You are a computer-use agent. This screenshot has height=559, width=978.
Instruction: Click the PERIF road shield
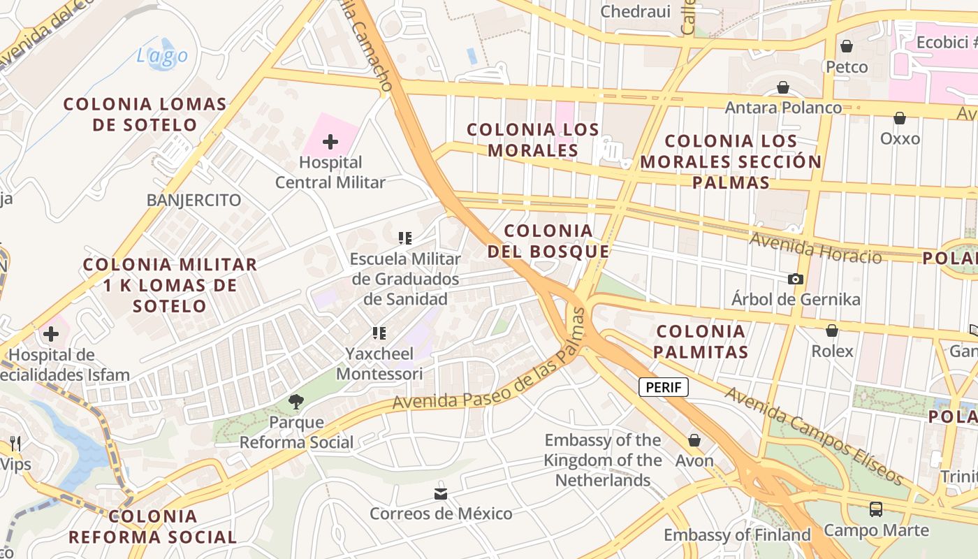(664, 387)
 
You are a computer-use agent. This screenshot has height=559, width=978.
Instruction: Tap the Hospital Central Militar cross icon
(330, 143)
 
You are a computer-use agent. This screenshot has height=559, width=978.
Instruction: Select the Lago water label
(162, 56)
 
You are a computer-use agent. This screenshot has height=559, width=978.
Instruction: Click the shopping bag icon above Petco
(847, 46)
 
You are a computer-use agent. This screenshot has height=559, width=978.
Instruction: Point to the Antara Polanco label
(783, 108)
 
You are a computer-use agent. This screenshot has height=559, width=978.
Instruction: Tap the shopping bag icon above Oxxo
(900, 118)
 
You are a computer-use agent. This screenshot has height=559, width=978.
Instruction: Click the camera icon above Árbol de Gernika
(795, 279)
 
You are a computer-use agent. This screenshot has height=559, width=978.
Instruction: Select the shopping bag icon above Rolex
(832, 331)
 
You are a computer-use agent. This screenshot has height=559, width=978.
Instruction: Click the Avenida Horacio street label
(815, 249)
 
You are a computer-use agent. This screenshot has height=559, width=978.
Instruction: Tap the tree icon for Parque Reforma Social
(296, 401)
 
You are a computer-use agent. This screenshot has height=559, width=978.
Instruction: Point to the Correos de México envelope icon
(441, 493)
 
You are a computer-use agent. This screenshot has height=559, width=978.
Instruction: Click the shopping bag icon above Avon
(694, 440)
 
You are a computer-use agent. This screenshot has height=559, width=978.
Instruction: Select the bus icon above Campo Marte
(876, 509)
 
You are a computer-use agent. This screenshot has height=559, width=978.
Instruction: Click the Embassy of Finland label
(737, 535)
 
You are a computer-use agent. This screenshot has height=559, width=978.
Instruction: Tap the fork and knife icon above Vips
(15, 443)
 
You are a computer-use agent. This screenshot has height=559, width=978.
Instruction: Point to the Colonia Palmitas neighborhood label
(701, 341)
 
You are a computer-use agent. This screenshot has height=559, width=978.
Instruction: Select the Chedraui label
(636, 11)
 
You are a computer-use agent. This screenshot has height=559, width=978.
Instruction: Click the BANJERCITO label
(194, 201)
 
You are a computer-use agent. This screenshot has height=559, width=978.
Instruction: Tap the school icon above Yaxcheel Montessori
(379, 333)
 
